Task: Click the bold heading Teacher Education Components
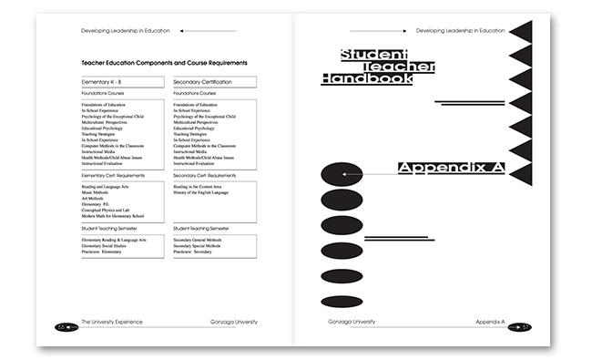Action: [x=165, y=62]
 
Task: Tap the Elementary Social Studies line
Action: [x=112, y=246]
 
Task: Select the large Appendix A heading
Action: [x=452, y=168]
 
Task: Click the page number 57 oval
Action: [x=519, y=325]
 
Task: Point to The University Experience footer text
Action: [x=112, y=323]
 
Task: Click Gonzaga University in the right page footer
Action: [x=352, y=323]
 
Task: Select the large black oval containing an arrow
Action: [x=342, y=174]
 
